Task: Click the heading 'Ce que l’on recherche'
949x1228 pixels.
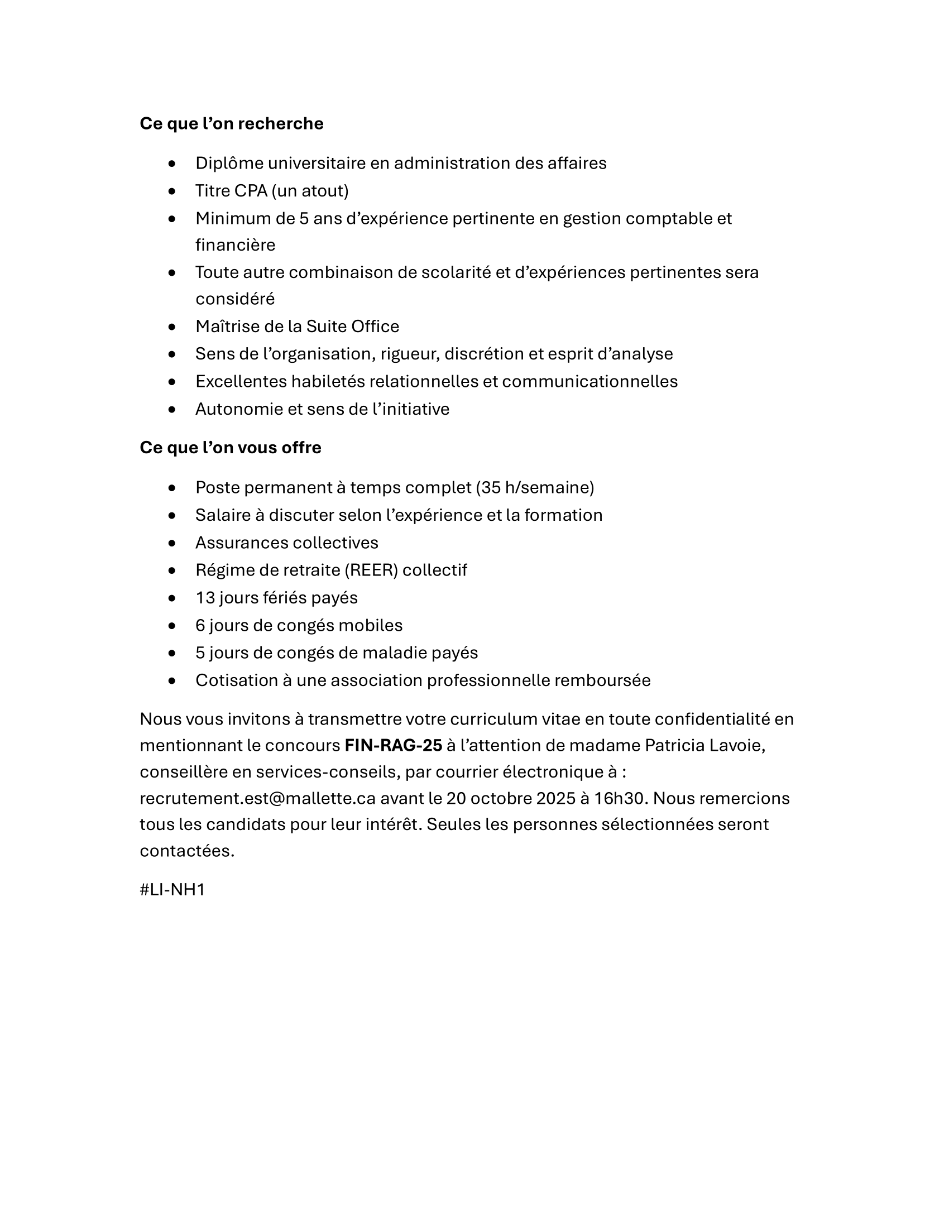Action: (231, 124)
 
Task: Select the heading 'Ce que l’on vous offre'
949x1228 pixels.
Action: (230, 448)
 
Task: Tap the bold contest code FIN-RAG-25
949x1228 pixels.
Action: (393, 746)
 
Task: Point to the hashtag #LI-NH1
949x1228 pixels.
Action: (172, 890)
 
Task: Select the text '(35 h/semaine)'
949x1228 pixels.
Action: (535, 487)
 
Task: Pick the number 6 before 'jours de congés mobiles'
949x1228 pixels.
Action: (200, 625)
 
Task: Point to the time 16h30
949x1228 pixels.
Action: (619, 798)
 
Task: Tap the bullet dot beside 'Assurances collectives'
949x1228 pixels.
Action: (172, 543)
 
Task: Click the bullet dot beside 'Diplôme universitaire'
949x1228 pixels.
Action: (172, 164)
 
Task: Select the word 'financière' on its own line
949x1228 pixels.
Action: (235, 245)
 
